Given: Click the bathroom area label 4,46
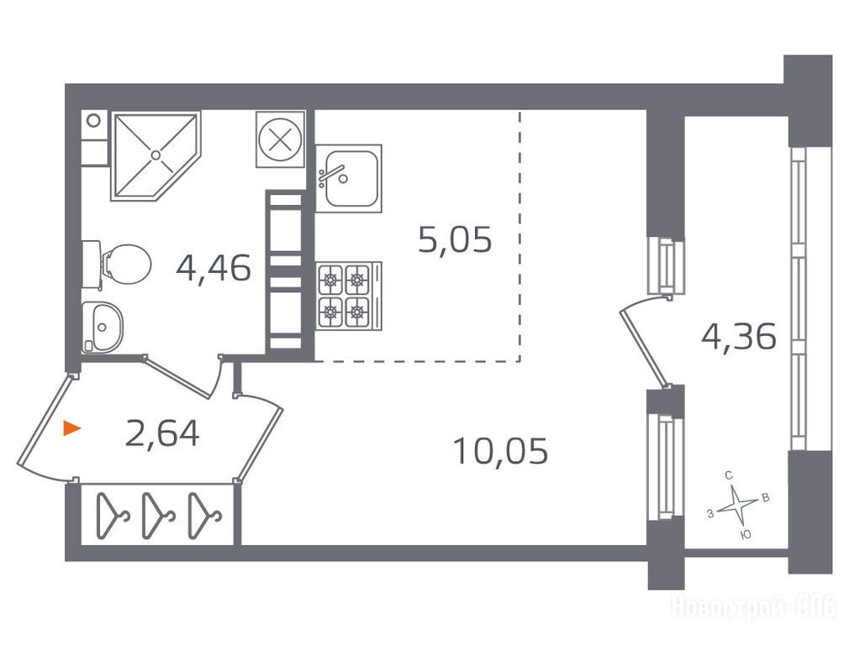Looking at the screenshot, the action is click(x=214, y=269).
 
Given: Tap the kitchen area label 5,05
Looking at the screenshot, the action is click(x=455, y=239).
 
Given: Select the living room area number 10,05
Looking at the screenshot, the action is click(x=501, y=451).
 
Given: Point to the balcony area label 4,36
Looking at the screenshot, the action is click(x=739, y=337).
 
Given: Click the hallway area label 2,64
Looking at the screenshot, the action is click(x=162, y=433).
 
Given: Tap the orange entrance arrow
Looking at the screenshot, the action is click(x=71, y=428).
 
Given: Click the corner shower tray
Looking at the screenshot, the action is click(x=156, y=156).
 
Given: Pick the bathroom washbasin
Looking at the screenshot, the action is click(x=103, y=328).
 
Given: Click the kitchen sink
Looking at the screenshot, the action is click(x=349, y=178).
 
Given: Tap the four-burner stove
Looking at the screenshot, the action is click(x=349, y=296).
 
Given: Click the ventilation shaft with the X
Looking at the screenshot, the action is click(x=280, y=139).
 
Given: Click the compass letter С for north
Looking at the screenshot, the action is click(x=729, y=475).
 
